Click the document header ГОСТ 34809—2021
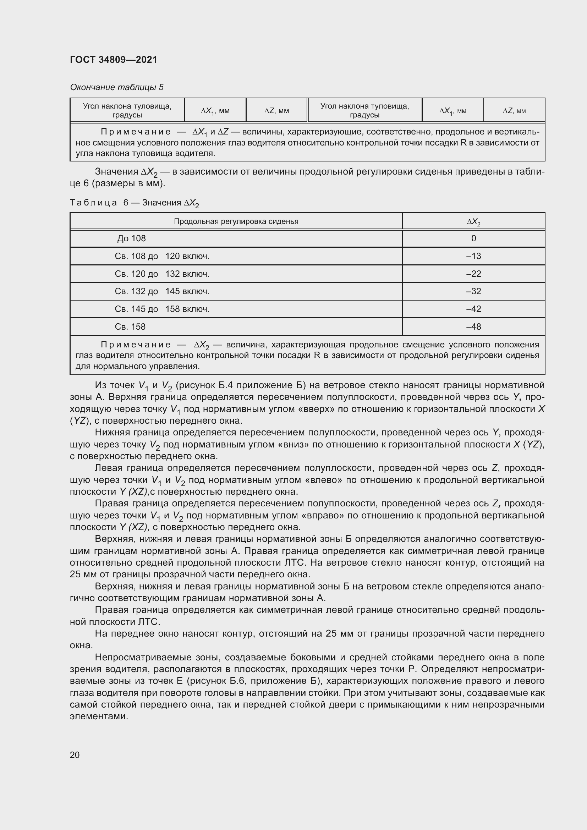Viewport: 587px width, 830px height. [x=114, y=60]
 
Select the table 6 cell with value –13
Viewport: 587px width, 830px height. [x=473, y=256]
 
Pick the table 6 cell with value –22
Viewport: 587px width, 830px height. [x=473, y=274]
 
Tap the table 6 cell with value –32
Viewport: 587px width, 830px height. [x=473, y=291]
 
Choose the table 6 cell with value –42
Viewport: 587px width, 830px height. [x=473, y=309]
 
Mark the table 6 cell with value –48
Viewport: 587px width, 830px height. [x=473, y=327]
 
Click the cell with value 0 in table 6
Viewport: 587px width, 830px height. [x=473, y=238]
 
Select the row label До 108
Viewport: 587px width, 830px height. [x=131, y=238]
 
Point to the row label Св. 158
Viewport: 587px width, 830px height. [x=130, y=327]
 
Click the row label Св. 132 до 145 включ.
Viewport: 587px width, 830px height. [x=162, y=291]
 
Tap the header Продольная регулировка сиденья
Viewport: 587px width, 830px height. [x=236, y=221]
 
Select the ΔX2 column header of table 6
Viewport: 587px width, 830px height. [x=473, y=222]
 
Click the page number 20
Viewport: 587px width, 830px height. [x=75, y=755]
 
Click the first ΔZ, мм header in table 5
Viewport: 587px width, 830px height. [x=276, y=111]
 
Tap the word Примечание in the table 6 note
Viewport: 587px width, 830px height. [x=135, y=345]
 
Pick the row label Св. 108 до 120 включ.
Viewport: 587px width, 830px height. [x=162, y=256]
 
